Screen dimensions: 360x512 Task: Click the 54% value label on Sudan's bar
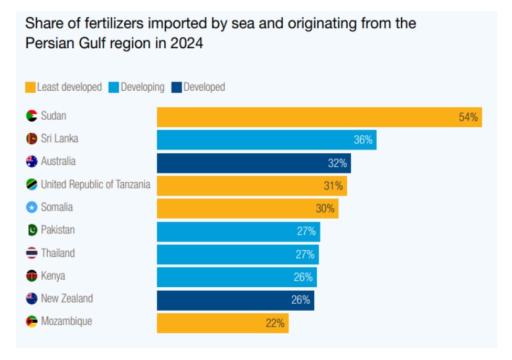[468, 117]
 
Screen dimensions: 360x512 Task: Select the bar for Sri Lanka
[266, 140]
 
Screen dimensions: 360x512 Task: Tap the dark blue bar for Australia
[253, 163]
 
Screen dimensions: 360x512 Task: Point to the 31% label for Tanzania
[333, 186]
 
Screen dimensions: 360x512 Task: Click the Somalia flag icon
[32, 207]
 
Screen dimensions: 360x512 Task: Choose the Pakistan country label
[57, 230]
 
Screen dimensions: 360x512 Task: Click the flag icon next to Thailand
[32, 253]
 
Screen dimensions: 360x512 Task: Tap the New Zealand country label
[67, 298]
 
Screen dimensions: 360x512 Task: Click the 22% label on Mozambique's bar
[275, 323]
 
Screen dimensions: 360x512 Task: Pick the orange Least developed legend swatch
[30, 87]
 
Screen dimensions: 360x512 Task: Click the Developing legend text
[142, 87]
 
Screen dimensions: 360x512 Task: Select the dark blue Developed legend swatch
[176, 87]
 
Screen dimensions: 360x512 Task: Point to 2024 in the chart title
[188, 44]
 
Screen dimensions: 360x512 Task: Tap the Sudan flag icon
[32, 116]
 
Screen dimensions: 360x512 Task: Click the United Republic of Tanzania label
[95, 184]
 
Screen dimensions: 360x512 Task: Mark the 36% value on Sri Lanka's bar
[363, 140]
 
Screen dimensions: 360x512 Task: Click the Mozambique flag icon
[32, 322]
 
